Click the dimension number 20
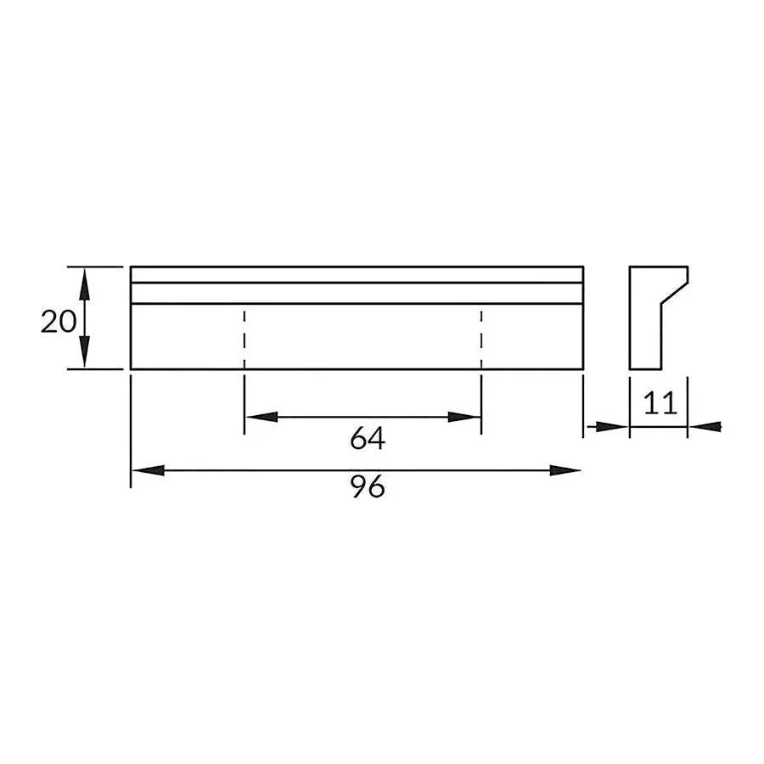pos(58,322)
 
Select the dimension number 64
pos(368,439)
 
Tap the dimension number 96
pos(368,487)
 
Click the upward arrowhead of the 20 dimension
pos(84,280)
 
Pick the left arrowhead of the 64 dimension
pos(260,417)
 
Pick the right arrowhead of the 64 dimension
pos(466,417)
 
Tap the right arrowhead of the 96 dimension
pos(566,469)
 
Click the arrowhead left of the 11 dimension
pos(615,426)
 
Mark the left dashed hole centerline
pos(244,336)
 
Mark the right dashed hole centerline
pos(481,336)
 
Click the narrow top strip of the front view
pos(357,274)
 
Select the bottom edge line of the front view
pos(357,368)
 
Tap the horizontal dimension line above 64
pos(363,417)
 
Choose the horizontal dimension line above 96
pos(357,469)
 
